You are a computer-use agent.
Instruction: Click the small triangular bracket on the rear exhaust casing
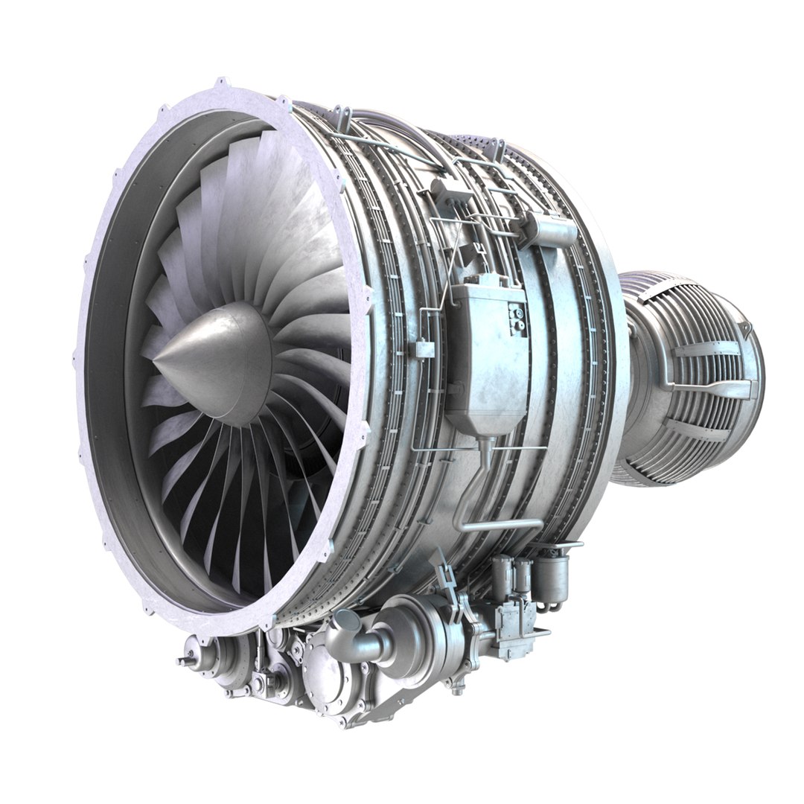745,327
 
